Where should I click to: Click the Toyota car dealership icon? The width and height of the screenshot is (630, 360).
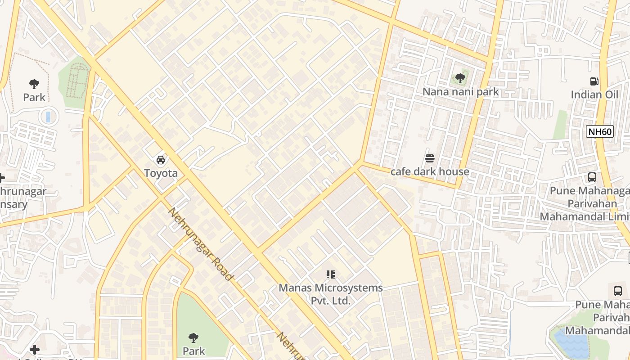pos(160,159)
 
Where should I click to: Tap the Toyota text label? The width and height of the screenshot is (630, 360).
pos(161,173)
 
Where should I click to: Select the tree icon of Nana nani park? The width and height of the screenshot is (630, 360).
pos(460,78)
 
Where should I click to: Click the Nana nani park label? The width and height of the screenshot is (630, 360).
pos(460,92)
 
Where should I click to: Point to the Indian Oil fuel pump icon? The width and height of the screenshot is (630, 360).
pos(594,81)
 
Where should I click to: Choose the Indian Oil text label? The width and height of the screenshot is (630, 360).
pos(594,94)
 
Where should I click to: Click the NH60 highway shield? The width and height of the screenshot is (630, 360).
pos(600,132)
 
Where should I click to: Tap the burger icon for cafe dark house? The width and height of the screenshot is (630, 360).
pos(429,158)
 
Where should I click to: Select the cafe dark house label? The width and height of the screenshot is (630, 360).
pos(430,171)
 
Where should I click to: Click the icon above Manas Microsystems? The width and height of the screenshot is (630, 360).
pos(331,274)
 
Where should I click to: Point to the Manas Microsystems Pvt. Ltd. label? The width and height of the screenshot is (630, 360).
pos(331,294)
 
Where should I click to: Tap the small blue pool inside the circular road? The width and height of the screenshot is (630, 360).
pos(48,117)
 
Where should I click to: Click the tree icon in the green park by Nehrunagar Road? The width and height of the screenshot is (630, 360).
pos(193,337)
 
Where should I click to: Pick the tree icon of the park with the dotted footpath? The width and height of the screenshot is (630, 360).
pos(34,84)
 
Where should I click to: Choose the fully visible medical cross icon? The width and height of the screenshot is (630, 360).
pos(35,349)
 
